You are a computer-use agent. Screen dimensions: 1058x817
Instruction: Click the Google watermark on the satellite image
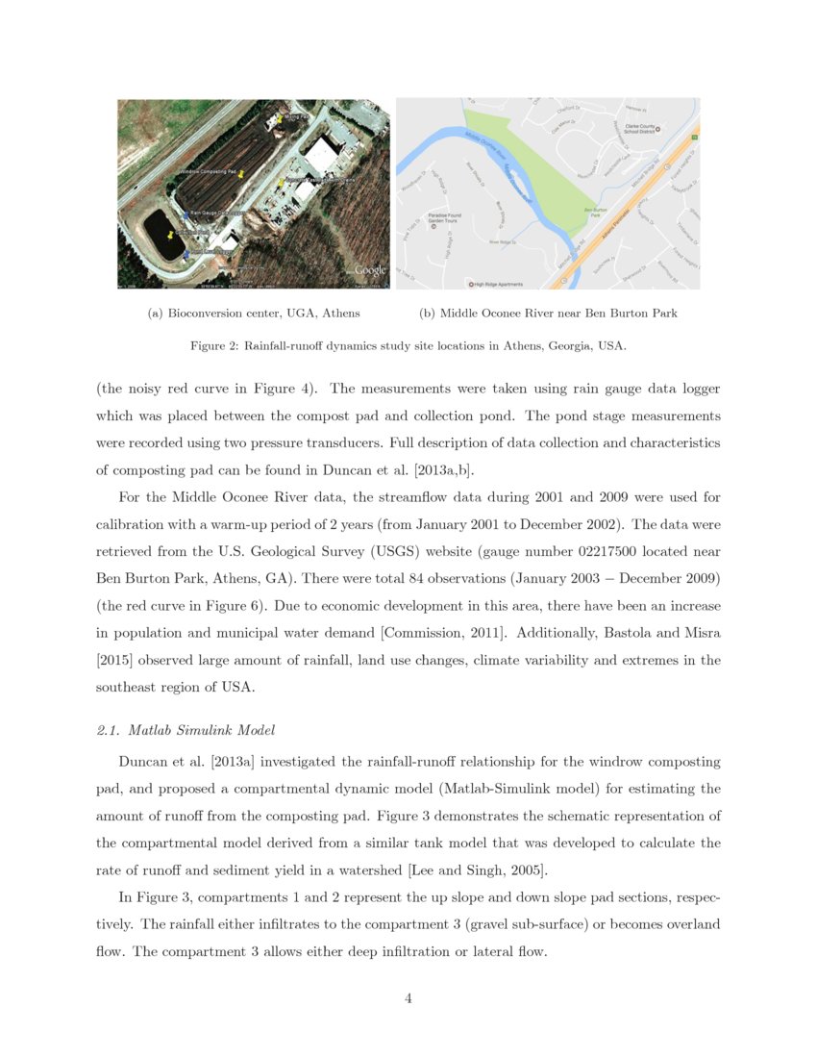pyautogui.click(x=370, y=271)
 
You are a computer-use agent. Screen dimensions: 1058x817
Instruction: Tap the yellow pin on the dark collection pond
pyautogui.click(x=171, y=234)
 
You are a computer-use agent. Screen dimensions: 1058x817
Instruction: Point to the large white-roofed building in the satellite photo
pyautogui.click(x=325, y=153)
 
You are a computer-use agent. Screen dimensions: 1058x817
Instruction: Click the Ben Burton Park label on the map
pyautogui.click(x=596, y=212)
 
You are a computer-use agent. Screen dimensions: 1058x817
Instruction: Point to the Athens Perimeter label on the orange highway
pyautogui.click(x=607, y=231)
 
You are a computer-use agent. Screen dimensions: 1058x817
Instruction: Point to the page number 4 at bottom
pyautogui.click(x=408, y=998)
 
